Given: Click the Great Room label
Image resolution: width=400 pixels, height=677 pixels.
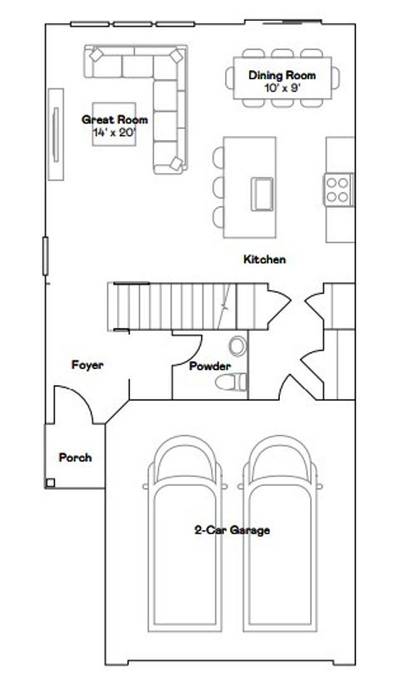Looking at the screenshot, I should click(x=115, y=120).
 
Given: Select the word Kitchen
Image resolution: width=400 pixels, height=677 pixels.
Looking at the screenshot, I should click(x=264, y=259).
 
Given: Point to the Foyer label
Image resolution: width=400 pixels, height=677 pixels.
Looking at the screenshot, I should click(x=87, y=364).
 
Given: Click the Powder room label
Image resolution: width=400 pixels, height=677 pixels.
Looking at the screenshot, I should click(x=209, y=366).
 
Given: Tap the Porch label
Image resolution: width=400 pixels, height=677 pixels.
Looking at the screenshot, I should click(x=75, y=457).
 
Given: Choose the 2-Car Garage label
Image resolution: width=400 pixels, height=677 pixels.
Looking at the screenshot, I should click(x=232, y=529).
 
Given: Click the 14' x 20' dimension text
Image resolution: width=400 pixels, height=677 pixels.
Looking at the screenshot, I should click(x=115, y=132).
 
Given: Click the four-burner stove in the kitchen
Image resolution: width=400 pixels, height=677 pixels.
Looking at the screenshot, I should click(x=337, y=188).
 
